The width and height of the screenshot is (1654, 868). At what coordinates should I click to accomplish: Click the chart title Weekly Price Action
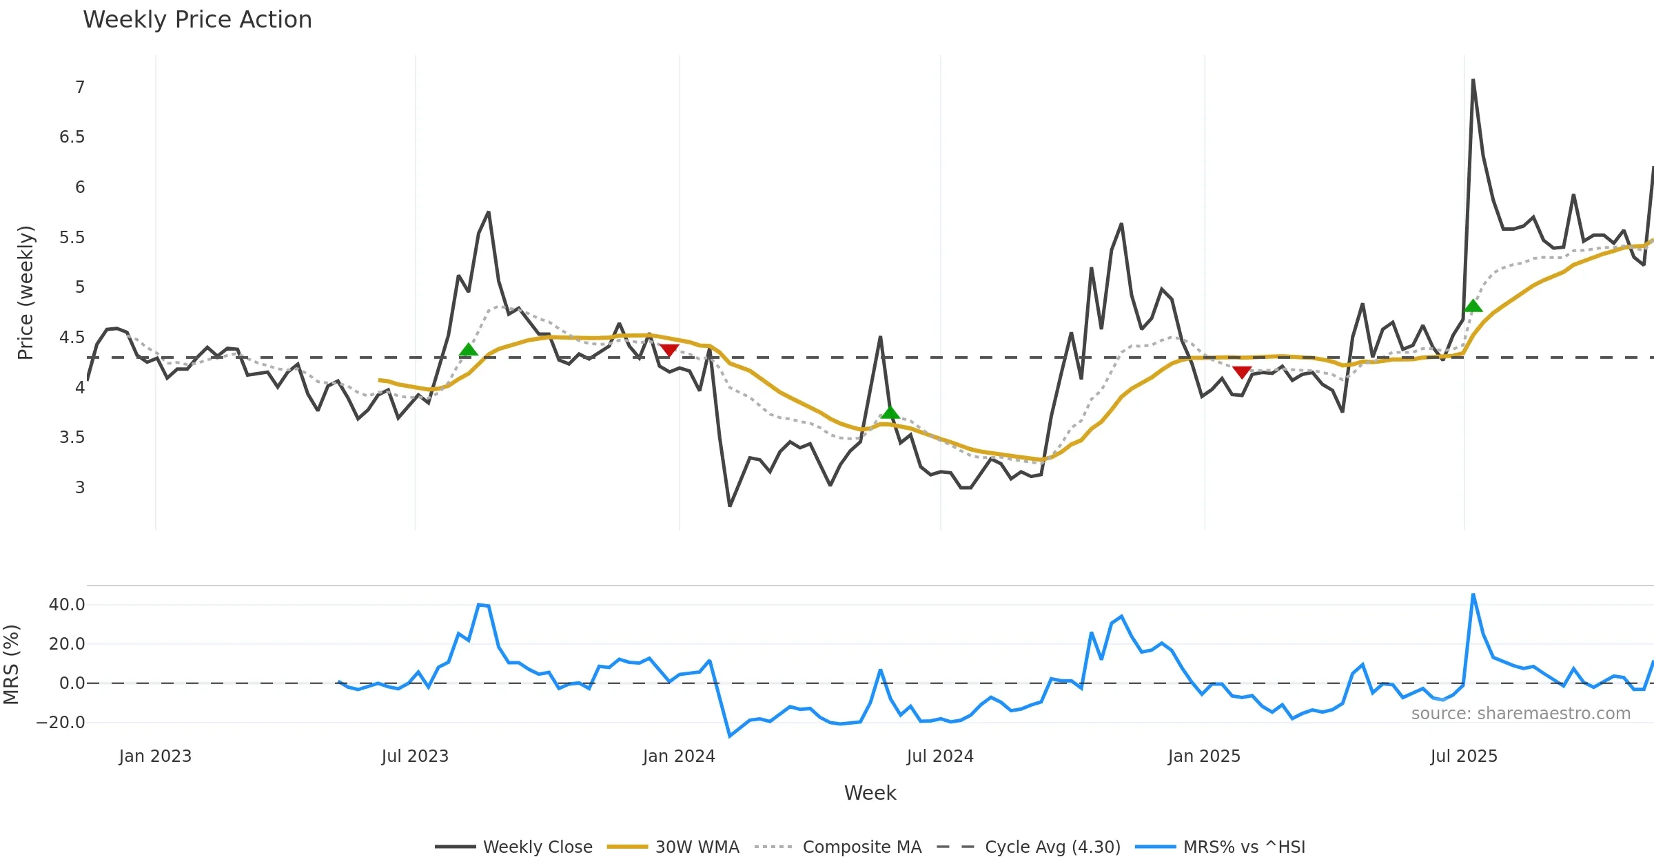pyautogui.click(x=197, y=20)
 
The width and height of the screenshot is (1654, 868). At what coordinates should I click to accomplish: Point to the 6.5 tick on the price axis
pyautogui.click(x=72, y=137)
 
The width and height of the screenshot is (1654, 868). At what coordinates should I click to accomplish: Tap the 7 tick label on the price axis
pyautogui.click(x=80, y=87)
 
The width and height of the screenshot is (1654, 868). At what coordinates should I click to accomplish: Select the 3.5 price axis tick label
pyautogui.click(x=72, y=437)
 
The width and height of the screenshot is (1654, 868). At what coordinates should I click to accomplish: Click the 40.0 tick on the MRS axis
pyautogui.click(x=67, y=605)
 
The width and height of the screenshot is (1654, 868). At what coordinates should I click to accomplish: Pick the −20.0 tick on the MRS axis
pyautogui.click(x=61, y=723)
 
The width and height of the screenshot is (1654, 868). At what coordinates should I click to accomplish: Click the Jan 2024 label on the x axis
pyautogui.click(x=679, y=756)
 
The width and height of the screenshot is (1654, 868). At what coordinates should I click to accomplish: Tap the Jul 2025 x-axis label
pyautogui.click(x=1464, y=756)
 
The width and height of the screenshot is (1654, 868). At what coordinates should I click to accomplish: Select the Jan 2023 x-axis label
pyautogui.click(x=155, y=756)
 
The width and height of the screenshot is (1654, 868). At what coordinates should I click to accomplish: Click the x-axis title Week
pyautogui.click(x=870, y=794)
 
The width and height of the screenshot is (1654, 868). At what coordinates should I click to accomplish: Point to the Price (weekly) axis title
pyautogui.click(x=25, y=293)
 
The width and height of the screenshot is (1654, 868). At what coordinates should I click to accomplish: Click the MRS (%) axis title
pyautogui.click(x=11, y=665)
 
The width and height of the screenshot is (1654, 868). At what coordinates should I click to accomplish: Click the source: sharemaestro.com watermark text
pyautogui.click(x=1520, y=714)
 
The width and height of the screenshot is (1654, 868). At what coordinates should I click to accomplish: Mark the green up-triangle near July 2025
pyautogui.click(x=1473, y=306)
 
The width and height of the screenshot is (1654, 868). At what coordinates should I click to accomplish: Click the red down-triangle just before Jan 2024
pyautogui.click(x=668, y=350)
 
